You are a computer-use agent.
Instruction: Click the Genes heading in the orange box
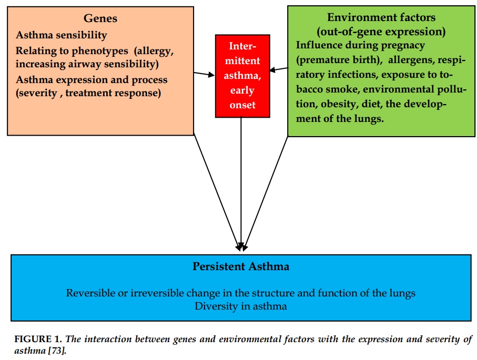pyautogui.click(x=100, y=18)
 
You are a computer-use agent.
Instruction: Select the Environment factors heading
pyautogui.click(x=381, y=17)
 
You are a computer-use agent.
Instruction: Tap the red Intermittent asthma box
pyautogui.click(x=242, y=76)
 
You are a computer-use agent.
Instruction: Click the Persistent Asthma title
pyautogui.click(x=241, y=266)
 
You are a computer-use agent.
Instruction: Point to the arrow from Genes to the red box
pyautogui.click(x=204, y=74)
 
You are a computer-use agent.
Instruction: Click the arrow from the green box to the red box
pyautogui.click(x=279, y=69)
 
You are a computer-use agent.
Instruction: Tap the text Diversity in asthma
pyautogui.click(x=241, y=306)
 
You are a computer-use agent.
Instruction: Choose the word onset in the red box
pyautogui.click(x=242, y=105)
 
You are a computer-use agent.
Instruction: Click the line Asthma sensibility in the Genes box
pyautogui.click(x=62, y=35)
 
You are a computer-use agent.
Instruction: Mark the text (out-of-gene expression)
pyautogui.click(x=381, y=32)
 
